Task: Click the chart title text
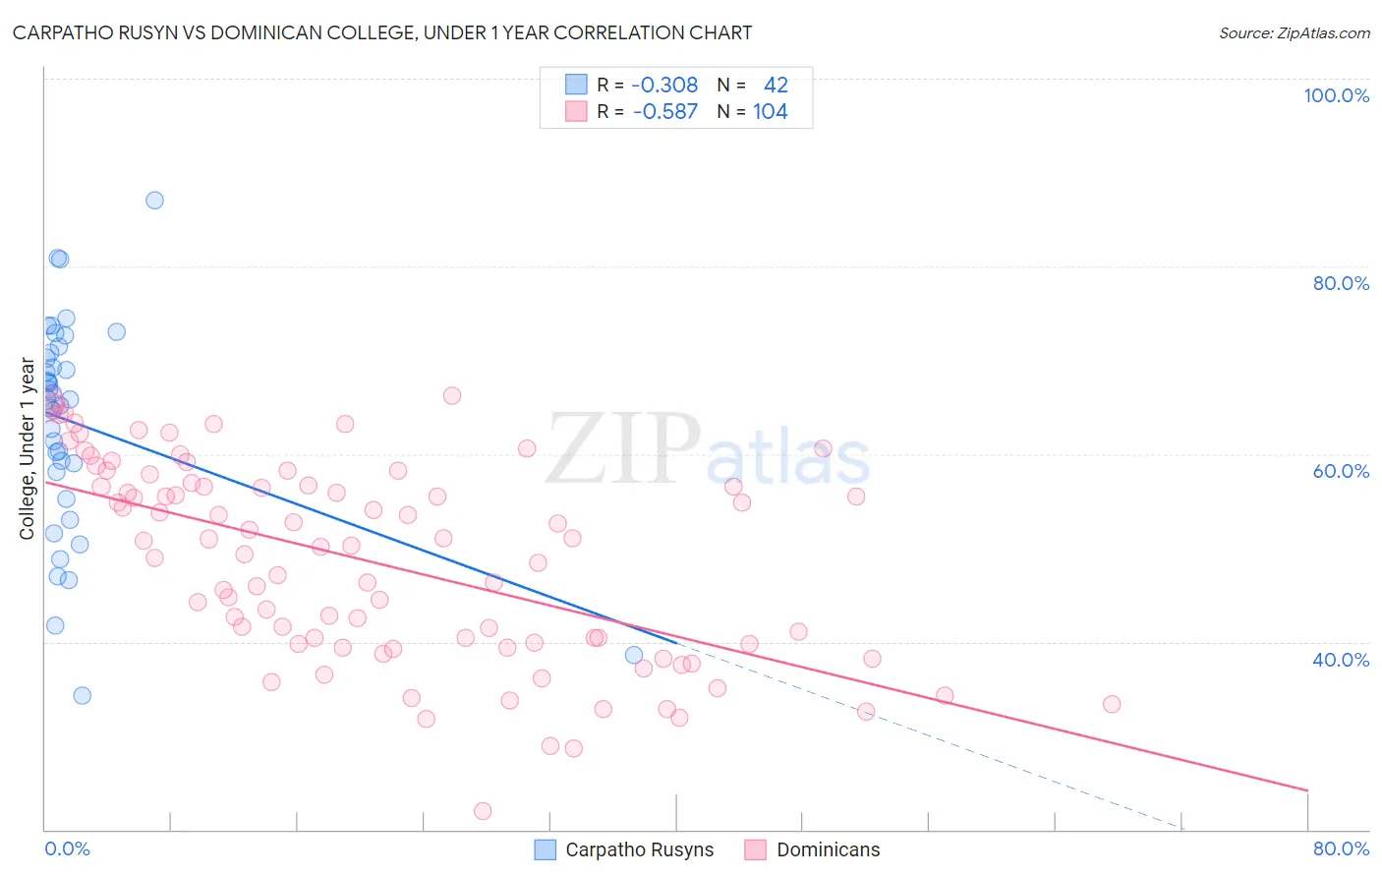click(x=382, y=32)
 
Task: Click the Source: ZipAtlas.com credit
click(x=1294, y=32)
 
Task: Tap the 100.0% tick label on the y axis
click(x=1336, y=95)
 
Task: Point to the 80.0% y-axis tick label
click(x=1341, y=283)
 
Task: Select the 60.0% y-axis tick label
click(x=1341, y=471)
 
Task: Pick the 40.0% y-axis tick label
click(x=1341, y=660)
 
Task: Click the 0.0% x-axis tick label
click(x=67, y=848)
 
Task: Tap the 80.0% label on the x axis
click(x=1341, y=848)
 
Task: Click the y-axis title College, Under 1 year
click(x=28, y=449)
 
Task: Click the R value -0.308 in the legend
click(x=664, y=86)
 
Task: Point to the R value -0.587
click(x=664, y=112)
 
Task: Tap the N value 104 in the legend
click(x=771, y=112)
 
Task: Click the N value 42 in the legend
click(x=776, y=86)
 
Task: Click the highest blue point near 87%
click(x=154, y=201)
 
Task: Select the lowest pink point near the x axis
click(x=483, y=811)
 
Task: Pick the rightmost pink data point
click(x=1112, y=704)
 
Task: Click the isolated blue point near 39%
click(x=634, y=655)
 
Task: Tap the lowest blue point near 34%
click(x=83, y=695)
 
